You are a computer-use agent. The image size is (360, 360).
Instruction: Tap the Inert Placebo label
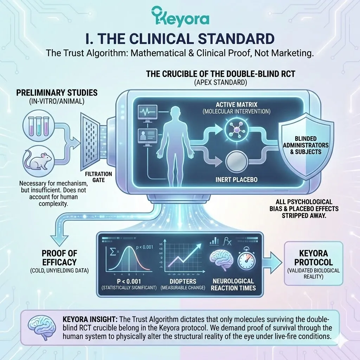(x=236, y=180)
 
